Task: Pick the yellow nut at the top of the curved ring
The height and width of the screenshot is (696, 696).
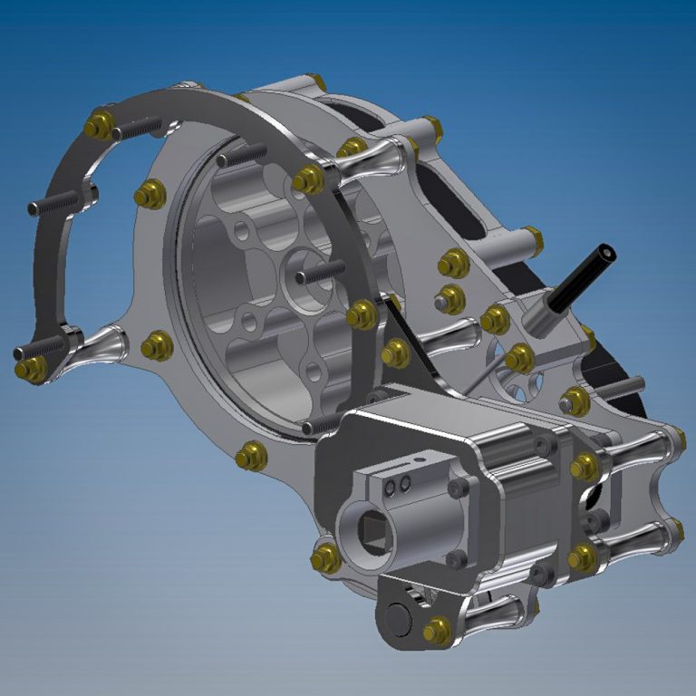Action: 99,124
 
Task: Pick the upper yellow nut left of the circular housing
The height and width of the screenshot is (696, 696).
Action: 150,194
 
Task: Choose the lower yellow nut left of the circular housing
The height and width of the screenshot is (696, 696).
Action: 156,344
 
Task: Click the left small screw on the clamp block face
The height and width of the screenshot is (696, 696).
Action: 389,488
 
